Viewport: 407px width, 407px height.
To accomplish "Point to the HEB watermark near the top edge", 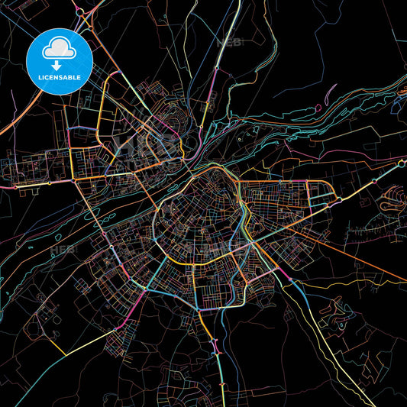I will coord(229,42).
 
